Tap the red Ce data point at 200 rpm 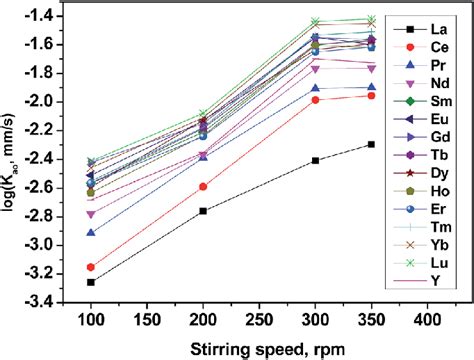(203, 187)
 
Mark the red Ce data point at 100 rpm (91, 267)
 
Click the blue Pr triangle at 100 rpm (91, 233)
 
